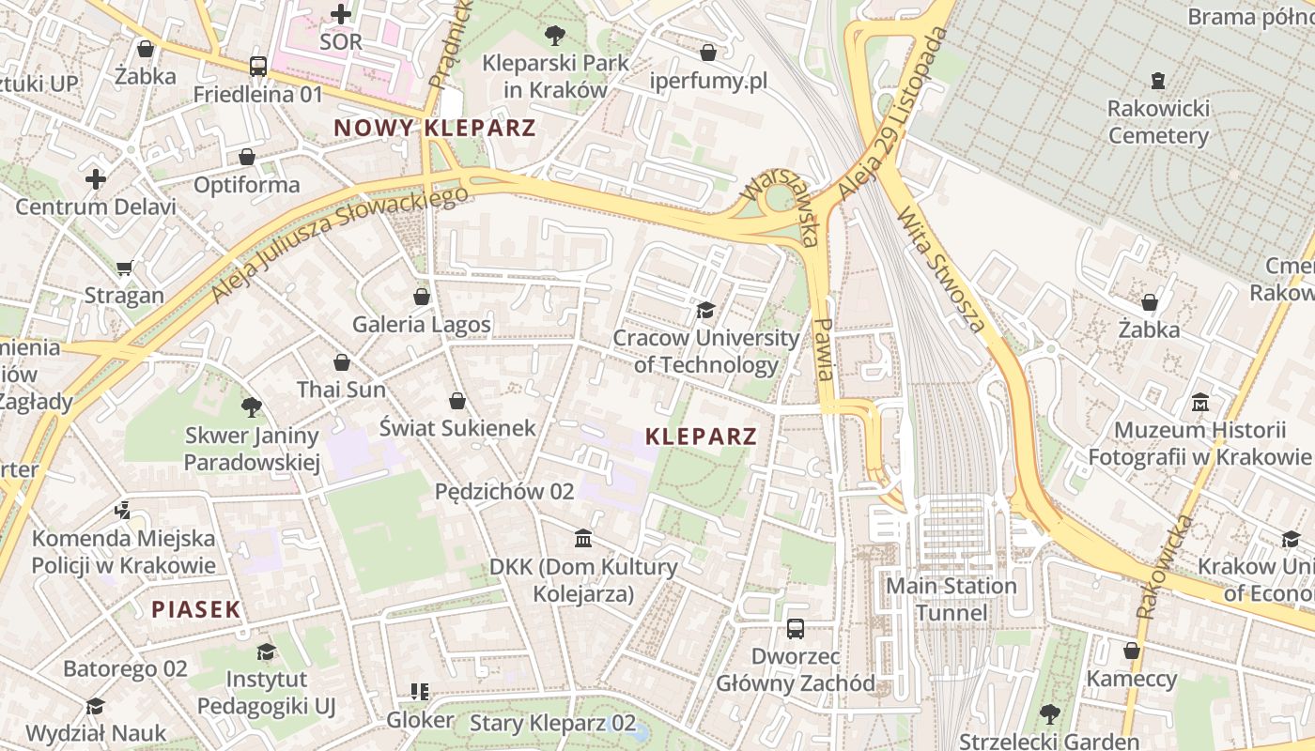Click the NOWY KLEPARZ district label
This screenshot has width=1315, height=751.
point(434,129)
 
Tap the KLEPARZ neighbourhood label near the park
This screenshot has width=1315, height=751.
point(702,437)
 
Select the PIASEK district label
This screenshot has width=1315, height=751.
point(196,609)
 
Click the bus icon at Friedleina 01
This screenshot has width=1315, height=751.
point(258,67)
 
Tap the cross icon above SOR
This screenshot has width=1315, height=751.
point(341,14)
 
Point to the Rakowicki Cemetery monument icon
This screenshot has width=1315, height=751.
point(1158,81)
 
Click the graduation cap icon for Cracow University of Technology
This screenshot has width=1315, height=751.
point(705,310)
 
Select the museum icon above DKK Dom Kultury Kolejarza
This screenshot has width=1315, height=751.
point(583,539)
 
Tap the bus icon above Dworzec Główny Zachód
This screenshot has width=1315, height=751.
point(796,628)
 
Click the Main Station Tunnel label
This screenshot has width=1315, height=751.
point(951,599)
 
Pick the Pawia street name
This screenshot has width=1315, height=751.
point(824,348)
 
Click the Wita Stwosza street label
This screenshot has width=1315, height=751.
point(940,269)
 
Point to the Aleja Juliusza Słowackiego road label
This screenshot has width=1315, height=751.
point(338,244)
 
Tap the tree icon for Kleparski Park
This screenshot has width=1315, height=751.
point(555,36)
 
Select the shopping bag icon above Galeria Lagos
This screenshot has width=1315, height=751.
point(422,297)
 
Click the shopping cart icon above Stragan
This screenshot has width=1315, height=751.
point(125,268)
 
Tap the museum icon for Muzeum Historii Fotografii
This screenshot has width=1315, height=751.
point(1199,403)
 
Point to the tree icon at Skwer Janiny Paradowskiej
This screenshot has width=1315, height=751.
point(252,406)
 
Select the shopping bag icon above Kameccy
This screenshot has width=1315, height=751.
point(1132,651)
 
